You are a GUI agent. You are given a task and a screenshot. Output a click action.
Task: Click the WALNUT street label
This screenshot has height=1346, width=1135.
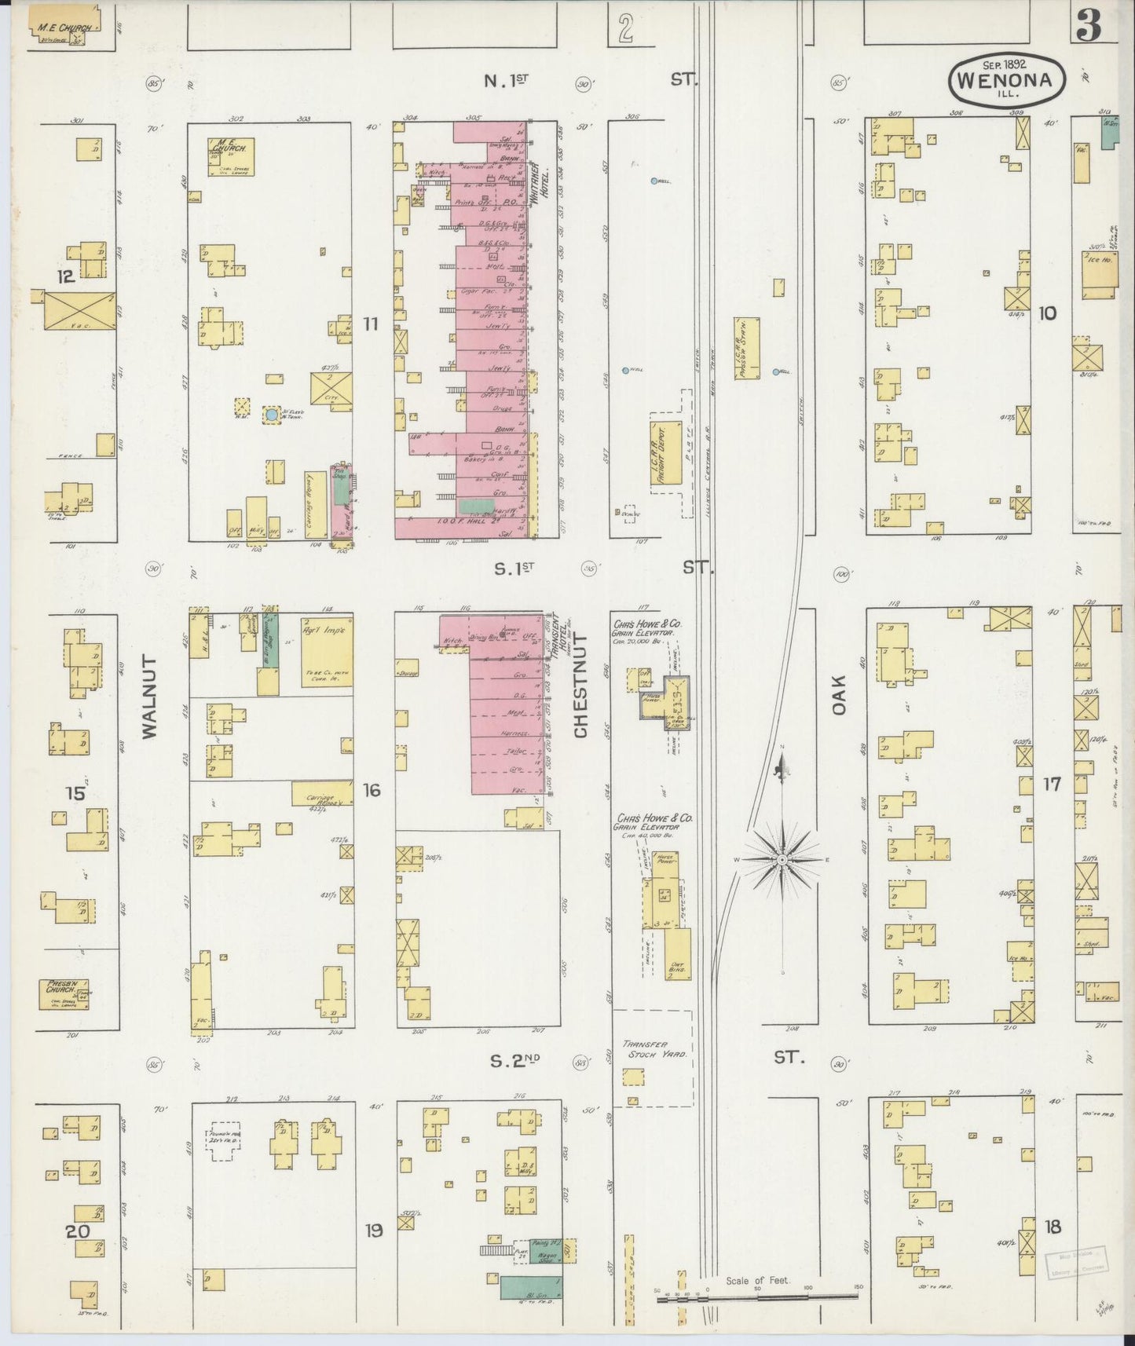click(x=150, y=697)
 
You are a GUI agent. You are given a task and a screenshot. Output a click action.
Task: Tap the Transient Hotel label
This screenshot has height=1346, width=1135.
click(x=559, y=635)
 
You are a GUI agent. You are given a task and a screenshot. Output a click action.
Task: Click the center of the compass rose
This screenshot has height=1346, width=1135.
click(x=782, y=860)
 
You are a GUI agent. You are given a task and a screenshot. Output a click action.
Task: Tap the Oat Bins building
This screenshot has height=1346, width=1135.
click(x=677, y=953)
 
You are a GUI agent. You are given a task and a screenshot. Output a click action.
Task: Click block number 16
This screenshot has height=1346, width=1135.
click(x=372, y=790)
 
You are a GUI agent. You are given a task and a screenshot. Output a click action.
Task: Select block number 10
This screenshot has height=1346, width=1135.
click(x=1047, y=313)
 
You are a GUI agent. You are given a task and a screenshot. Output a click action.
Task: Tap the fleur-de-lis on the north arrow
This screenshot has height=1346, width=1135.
click(x=782, y=769)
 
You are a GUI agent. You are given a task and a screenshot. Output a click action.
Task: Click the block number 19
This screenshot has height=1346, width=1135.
click(x=374, y=1231)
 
